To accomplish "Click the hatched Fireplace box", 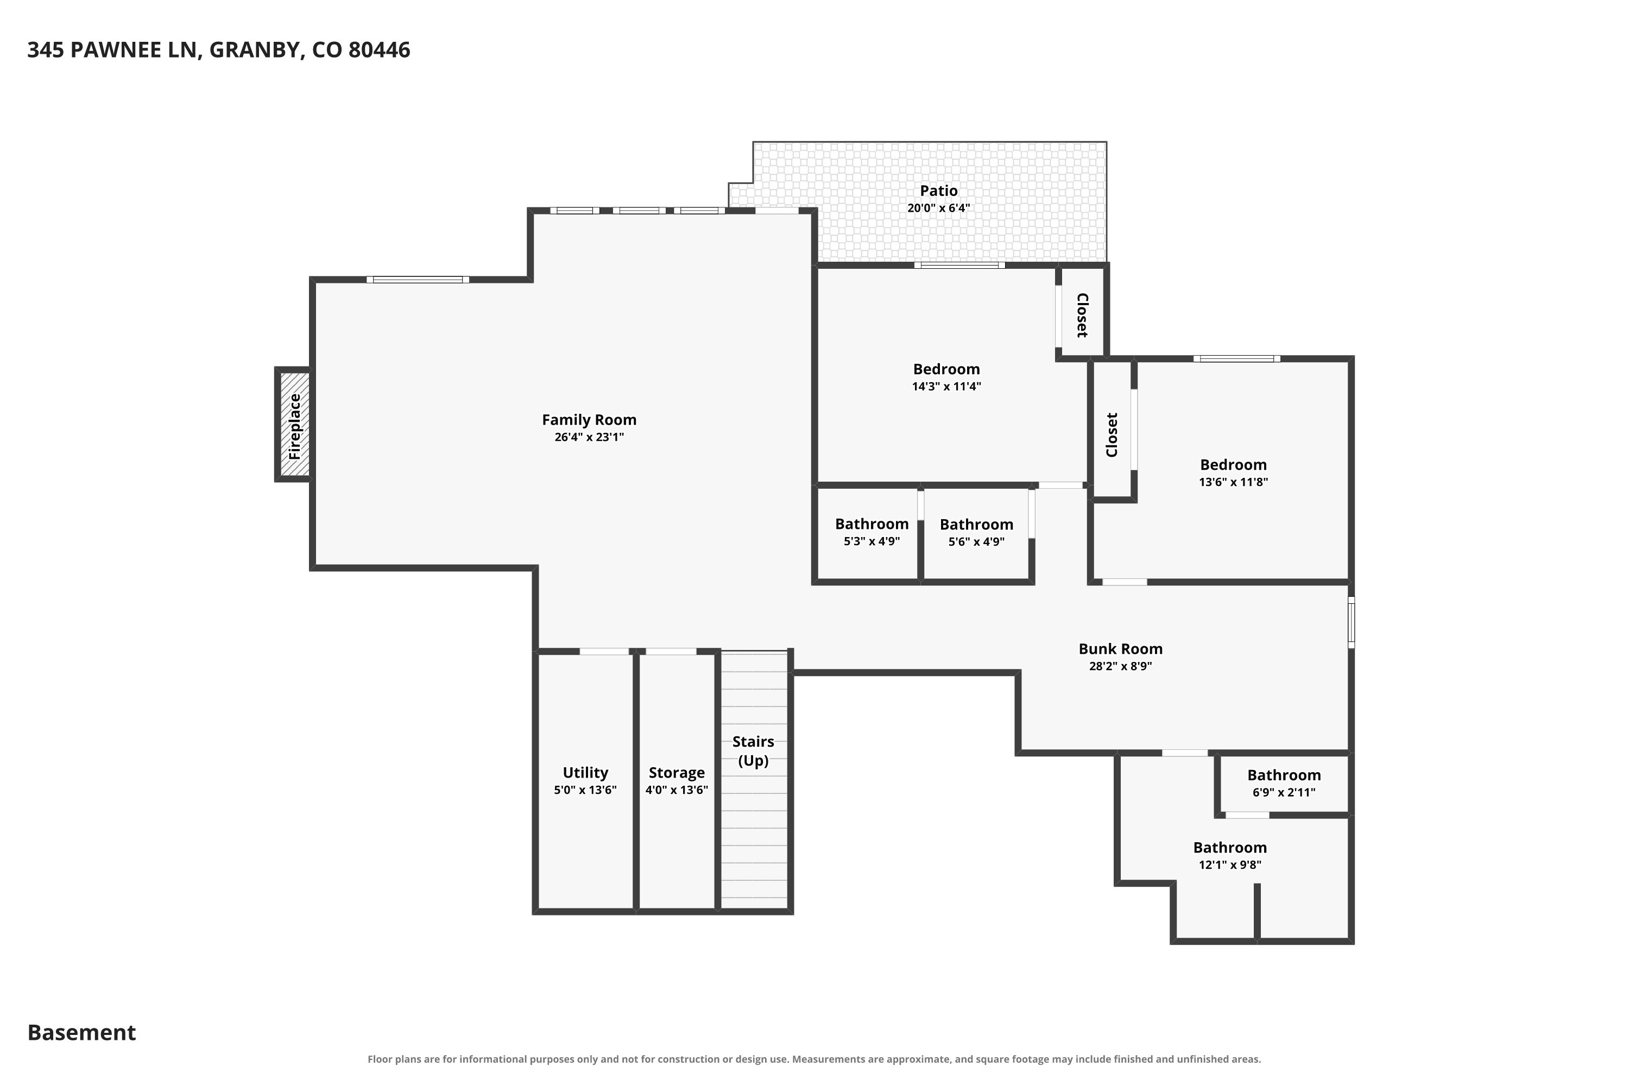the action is coord(294,425).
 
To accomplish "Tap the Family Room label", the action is coord(589,420).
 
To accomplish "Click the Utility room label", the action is coord(585,772).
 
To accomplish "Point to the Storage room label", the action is coord(677,772).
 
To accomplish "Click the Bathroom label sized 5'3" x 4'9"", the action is coord(872,525).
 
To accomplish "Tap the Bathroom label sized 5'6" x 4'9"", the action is coord(976,525).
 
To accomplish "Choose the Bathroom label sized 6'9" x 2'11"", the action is coord(1284,776).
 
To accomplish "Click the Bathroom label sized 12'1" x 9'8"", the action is coord(1229,848).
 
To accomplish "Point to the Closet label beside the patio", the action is coord(1082,315).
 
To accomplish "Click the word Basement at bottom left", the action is coord(82,1033).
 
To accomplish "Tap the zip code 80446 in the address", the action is coord(380,50).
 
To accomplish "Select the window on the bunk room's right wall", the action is coord(1350,623).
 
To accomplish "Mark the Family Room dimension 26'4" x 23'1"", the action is coord(589,437).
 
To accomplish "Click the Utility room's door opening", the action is coord(604,651).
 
